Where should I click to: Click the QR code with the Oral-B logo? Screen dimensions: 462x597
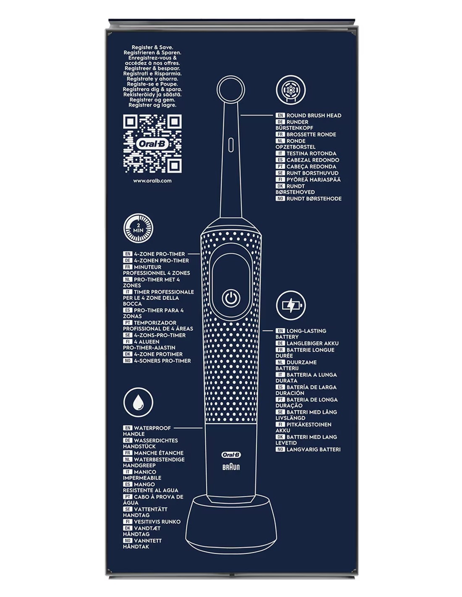tap(152, 144)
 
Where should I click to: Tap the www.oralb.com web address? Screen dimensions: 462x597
tap(152, 181)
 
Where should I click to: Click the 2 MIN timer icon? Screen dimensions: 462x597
tap(138, 229)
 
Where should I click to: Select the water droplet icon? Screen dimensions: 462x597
tap(138, 403)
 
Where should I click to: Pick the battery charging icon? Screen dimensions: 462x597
tap(291, 305)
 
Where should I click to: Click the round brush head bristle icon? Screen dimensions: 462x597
tap(291, 90)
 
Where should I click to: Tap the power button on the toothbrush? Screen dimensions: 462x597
tap(231, 298)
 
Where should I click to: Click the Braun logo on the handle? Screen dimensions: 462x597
tap(231, 467)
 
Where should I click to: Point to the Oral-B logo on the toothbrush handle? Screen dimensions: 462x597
tap(231, 455)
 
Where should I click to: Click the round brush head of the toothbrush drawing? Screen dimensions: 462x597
tap(231, 89)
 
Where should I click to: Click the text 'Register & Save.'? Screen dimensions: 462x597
tap(152, 47)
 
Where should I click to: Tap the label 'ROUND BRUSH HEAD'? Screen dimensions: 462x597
tap(314, 115)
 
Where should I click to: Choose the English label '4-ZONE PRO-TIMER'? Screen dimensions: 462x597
tap(160, 254)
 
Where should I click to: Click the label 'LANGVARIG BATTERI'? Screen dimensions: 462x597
tap(314, 450)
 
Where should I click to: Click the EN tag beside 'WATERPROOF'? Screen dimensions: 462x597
tap(128, 428)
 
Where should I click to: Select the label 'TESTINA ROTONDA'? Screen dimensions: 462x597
tap(311, 153)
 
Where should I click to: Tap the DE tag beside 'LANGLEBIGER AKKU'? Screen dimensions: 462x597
tap(280, 343)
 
